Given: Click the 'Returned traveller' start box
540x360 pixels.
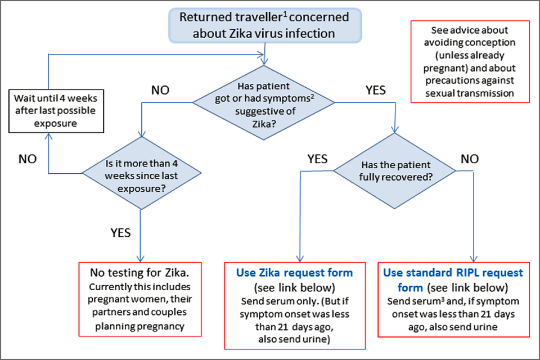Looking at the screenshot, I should click(x=264, y=25).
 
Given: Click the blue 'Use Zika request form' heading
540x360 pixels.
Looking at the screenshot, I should click(x=295, y=273).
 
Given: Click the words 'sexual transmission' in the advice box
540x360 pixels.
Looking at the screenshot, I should click(x=471, y=93).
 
